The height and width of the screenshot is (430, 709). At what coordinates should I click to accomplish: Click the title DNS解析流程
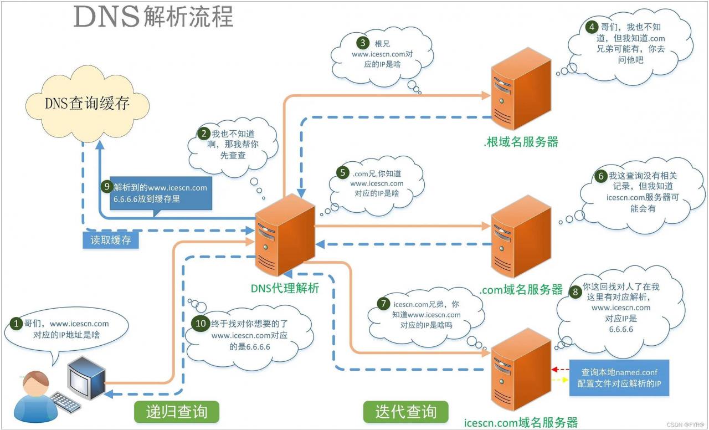coord(153,17)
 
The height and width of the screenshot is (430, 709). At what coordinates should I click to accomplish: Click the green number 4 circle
coord(593,27)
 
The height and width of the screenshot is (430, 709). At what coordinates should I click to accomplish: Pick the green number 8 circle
coord(576,290)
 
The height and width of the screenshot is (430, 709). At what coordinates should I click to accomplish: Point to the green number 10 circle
coord(200,322)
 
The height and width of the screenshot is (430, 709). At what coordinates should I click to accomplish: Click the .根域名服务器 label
coord(520,142)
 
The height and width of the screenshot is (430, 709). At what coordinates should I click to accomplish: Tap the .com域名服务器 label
coord(521,289)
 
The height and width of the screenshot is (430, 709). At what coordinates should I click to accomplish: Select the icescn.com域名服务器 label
coord(521,422)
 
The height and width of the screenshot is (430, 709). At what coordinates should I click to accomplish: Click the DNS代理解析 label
coord(285,288)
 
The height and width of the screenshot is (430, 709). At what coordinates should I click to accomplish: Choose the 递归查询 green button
coord(177,412)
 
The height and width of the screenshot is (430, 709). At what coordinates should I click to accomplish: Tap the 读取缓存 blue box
coord(110,241)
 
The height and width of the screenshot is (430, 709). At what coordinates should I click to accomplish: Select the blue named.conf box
coord(619,377)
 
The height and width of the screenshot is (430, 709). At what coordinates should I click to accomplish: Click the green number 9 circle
coord(107,187)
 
